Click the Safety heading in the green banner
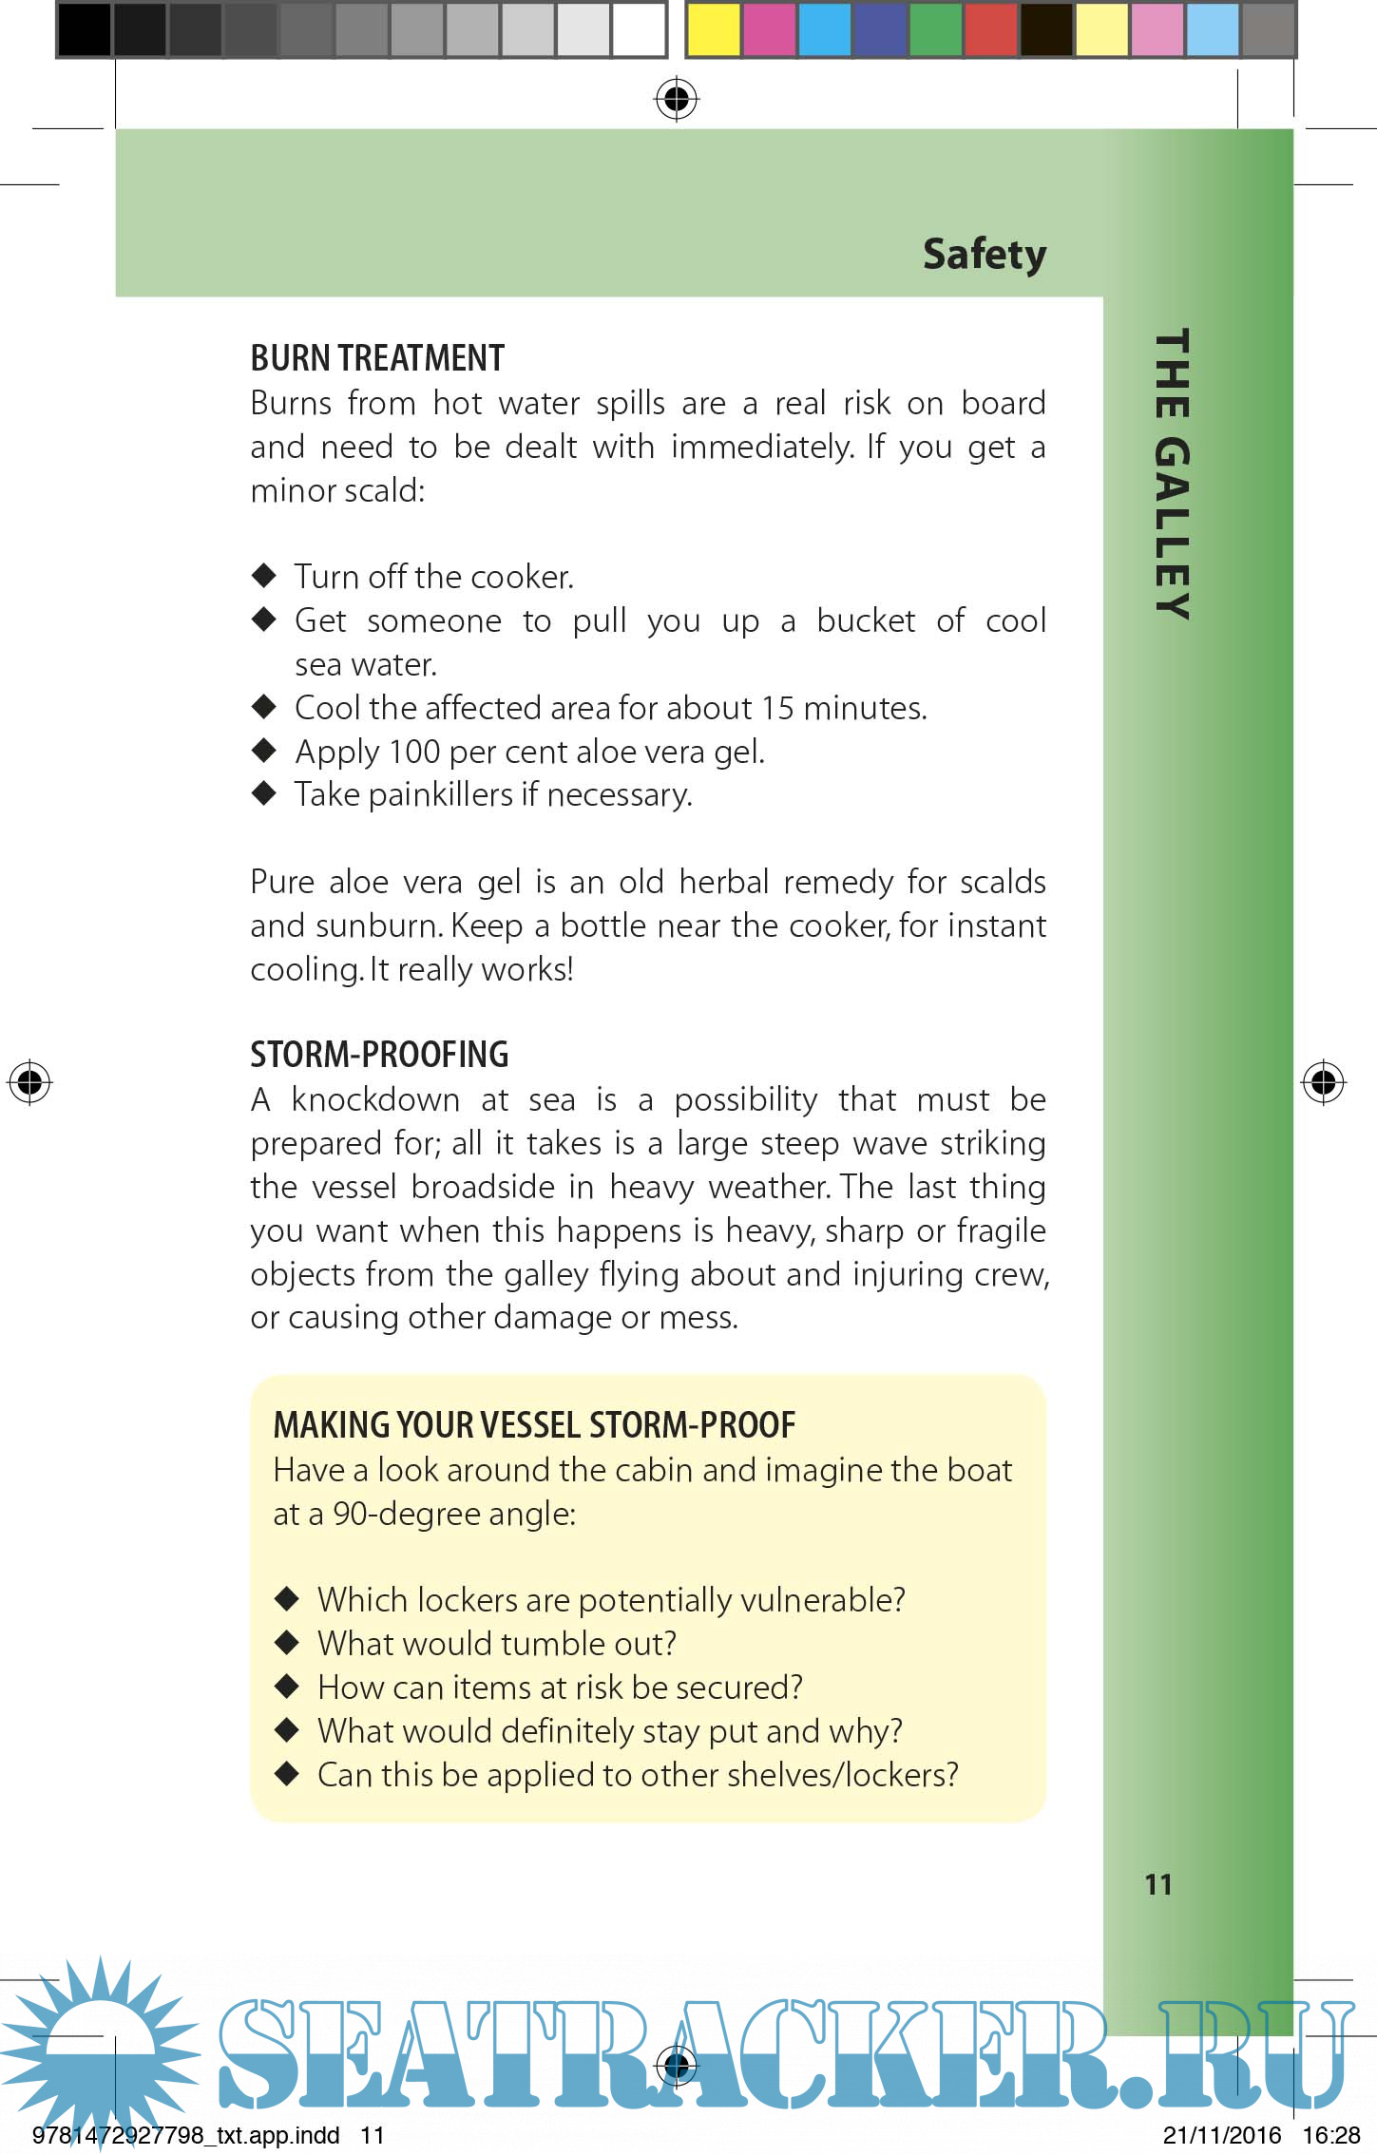click(x=985, y=254)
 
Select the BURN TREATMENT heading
click(x=377, y=358)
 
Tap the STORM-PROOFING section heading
click(x=379, y=1055)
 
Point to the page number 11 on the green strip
click(x=1158, y=1884)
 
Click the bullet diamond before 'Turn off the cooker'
click(x=264, y=575)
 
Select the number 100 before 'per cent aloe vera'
click(x=414, y=752)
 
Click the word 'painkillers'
click(x=441, y=795)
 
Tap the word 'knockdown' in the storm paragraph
click(x=375, y=1099)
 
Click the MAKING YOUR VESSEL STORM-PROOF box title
click(x=534, y=1425)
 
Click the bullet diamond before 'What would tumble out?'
click(x=287, y=1642)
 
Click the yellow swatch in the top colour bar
click(x=713, y=29)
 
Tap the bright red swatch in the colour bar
click(x=990, y=29)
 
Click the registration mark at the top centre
click(x=677, y=98)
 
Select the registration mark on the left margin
click(x=29, y=1081)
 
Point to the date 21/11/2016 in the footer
click(x=1222, y=2136)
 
